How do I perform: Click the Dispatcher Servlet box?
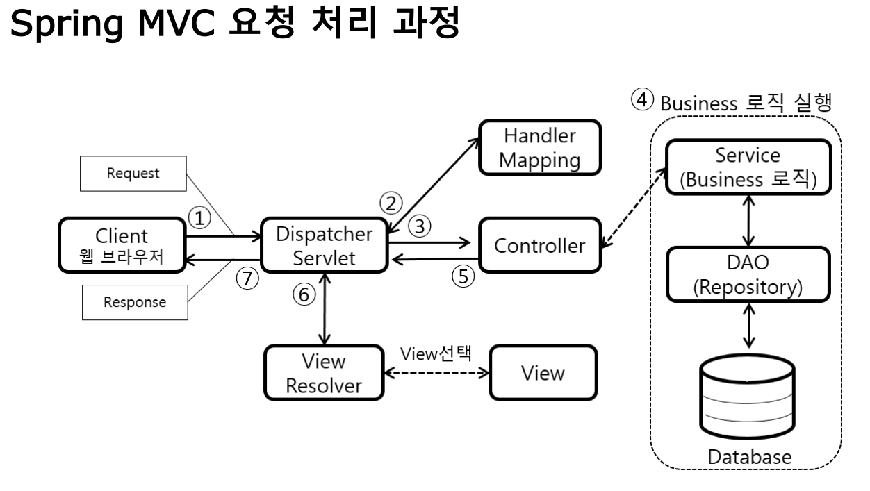pyautogui.click(x=325, y=245)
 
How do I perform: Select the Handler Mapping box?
pyautogui.click(x=540, y=147)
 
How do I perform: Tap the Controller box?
pyautogui.click(x=540, y=245)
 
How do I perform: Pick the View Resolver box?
pyautogui.click(x=324, y=373)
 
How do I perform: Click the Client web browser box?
pyautogui.click(x=122, y=245)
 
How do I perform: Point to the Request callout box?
pyautogui.click(x=133, y=174)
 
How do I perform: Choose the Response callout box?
pyautogui.click(x=135, y=302)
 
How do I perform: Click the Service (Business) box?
pyautogui.click(x=748, y=167)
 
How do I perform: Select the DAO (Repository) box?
pyautogui.click(x=748, y=274)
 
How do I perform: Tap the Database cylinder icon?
pyautogui.click(x=748, y=396)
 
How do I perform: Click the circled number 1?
pyautogui.click(x=199, y=218)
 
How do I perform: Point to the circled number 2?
pyautogui.click(x=391, y=203)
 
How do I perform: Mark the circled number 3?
pyautogui.click(x=420, y=226)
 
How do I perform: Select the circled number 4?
pyautogui.click(x=642, y=99)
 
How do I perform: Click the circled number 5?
pyautogui.click(x=463, y=276)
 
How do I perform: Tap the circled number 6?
pyautogui.click(x=304, y=294)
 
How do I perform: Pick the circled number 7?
pyautogui.click(x=247, y=278)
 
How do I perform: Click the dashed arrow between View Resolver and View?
pyautogui.click(x=436, y=374)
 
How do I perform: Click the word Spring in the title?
pyautogui.click(x=67, y=24)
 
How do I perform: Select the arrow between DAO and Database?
pyautogui.click(x=749, y=326)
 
